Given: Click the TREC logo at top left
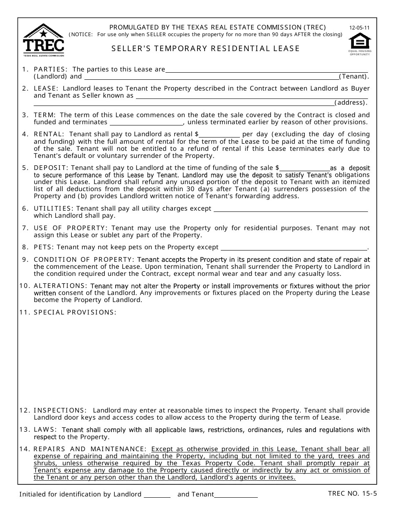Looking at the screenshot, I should pos(44,40).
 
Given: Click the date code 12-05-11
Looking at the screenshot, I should pos(359,28).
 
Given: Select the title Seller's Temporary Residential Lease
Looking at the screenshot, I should pos(205,49).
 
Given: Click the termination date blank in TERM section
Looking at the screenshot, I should pos(146,122).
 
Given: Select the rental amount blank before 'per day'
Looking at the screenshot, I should pos(220,134).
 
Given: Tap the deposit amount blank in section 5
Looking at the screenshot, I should pos(304,168).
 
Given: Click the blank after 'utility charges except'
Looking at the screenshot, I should pos(290,209).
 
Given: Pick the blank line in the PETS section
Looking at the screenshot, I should pos(294,247).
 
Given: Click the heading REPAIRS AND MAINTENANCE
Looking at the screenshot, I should pos(90,449).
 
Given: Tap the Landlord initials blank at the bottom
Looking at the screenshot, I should pos(157,494).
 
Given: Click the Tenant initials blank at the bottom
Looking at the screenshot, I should pos(236,494).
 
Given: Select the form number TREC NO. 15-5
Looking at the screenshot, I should pos(352,494).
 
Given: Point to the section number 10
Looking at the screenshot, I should pos(24,286).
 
